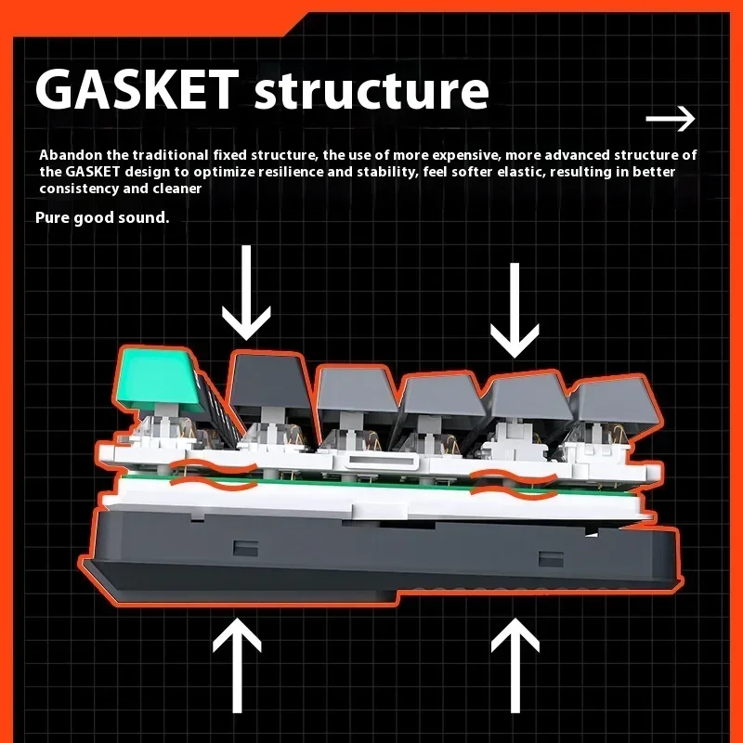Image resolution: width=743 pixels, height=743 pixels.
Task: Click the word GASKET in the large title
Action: click(x=137, y=88)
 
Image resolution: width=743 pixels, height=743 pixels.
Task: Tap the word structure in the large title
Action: click(x=371, y=91)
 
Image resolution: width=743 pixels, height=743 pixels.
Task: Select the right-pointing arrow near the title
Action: click(x=671, y=119)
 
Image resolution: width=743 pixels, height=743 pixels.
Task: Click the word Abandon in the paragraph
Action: click(x=71, y=155)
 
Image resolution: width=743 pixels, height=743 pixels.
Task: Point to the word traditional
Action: click(x=170, y=155)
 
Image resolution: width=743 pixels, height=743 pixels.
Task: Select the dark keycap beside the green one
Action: click(x=270, y=380)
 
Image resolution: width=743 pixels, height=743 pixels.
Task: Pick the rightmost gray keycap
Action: click(x=615, y=401)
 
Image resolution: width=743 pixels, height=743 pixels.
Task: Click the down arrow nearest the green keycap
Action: click(x=246, y=293)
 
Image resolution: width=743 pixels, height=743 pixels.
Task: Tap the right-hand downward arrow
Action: click(x=515, y=310)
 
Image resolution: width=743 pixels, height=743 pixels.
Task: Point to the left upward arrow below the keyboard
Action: click(x=237, y=665)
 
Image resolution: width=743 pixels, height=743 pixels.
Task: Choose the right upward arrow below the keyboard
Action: click(x=515, y=665)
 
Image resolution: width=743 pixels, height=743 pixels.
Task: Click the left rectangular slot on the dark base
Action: click(x=246, y=548)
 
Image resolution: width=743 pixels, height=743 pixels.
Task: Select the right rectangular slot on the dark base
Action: click(x=551, y=559)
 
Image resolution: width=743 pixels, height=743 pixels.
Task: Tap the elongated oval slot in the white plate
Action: click(x=383, y=459)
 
